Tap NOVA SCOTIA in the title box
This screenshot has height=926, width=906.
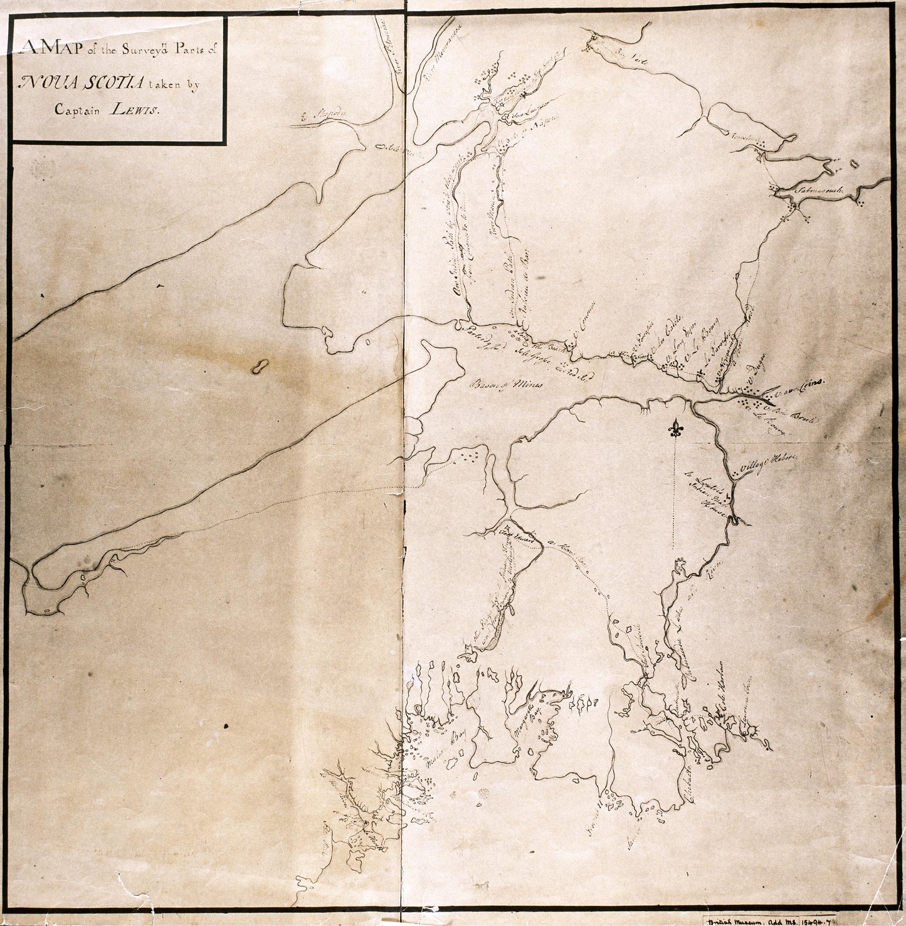pos(82,82)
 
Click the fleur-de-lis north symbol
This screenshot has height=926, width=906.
pos(675,429)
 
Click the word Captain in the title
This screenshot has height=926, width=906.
pos(79,109)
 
